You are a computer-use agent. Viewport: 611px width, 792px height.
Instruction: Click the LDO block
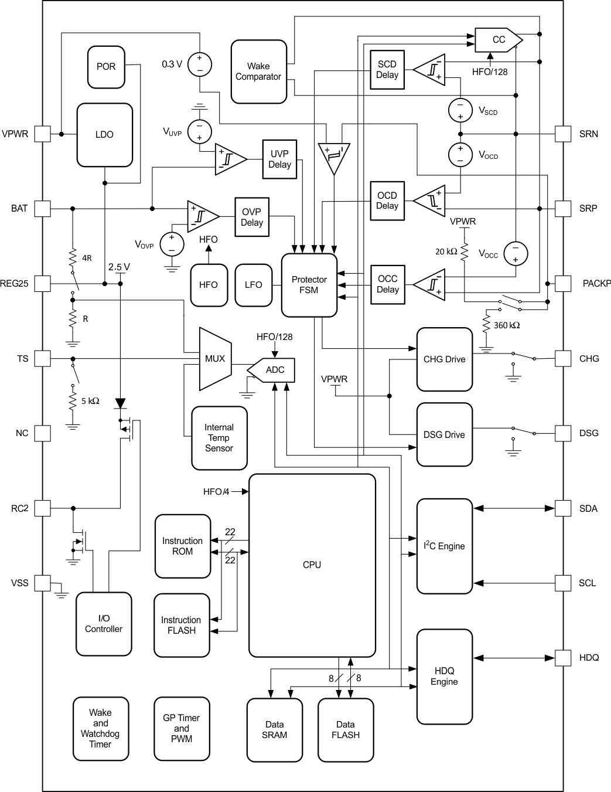104,135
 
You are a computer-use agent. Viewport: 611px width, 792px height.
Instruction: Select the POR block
106,67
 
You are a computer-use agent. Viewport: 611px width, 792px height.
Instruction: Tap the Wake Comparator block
258,72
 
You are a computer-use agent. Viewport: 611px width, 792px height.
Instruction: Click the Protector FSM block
309,285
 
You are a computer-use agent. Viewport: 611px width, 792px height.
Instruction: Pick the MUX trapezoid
214,358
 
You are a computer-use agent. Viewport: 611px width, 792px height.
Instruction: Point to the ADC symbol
272,370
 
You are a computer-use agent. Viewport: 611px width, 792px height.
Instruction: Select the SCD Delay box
387,70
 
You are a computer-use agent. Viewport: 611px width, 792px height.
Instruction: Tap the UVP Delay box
279,159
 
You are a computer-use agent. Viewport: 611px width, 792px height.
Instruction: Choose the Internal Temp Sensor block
219,438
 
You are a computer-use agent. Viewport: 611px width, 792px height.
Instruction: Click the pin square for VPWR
42,134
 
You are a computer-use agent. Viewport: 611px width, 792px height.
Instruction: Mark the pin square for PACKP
563,284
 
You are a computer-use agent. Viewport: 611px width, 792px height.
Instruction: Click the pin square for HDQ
563,658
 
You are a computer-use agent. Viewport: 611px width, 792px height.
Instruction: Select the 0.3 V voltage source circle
200,64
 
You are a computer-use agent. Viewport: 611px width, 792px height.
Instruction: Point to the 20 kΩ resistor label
446,251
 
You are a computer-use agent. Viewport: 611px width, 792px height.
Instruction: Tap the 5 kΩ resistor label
90,401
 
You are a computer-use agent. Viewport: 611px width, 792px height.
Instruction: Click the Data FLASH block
346,730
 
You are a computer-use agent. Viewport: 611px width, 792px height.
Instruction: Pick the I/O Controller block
104,624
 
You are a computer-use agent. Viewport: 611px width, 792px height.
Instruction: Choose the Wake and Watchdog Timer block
100,729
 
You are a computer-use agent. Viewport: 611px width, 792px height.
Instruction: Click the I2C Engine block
444,546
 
